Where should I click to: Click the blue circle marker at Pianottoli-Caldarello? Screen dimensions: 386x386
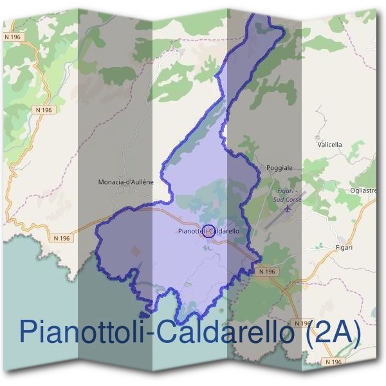point(208,230)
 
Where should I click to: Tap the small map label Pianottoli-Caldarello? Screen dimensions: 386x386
point(208,230)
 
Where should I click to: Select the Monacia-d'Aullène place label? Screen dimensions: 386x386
point(126,182)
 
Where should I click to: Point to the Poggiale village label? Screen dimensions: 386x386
point(279,168)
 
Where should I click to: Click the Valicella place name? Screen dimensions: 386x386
point(329,145)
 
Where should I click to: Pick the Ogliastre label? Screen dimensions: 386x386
point(363,190)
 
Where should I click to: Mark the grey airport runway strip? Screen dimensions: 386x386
point(273,219)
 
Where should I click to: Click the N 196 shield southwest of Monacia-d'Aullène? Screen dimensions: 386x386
point(62,238)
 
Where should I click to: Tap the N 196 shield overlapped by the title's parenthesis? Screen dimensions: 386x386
point(302,322)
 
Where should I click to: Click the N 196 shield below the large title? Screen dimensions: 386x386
point(333,362)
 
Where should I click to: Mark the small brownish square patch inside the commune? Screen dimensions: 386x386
point(135,250)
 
